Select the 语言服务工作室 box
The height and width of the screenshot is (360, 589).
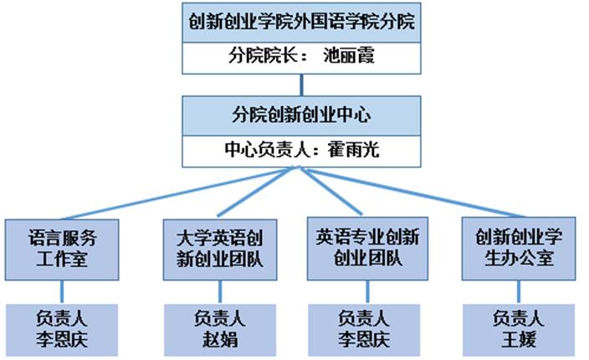[62, 249]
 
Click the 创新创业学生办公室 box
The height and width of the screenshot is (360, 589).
[518, 249]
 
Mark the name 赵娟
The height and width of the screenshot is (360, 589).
[220, 340]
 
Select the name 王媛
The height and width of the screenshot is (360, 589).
[518, 340]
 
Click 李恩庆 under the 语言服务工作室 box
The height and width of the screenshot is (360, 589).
[62, 340]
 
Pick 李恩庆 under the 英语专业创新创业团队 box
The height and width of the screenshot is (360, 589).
[366, 340]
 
